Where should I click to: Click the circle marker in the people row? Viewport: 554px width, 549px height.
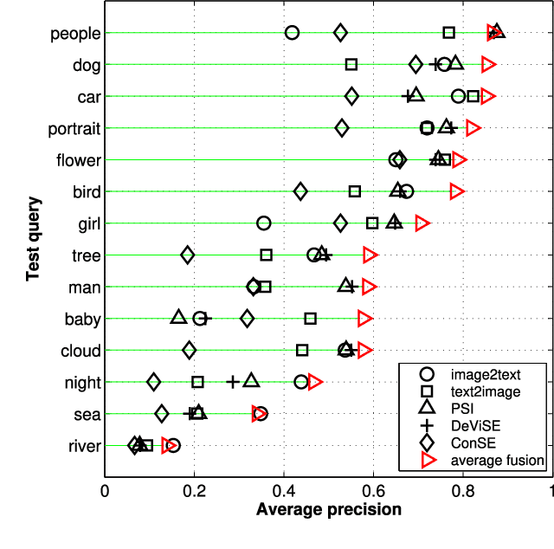click(x=292, y=33)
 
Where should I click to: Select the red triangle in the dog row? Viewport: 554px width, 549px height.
click(x=488, y=64)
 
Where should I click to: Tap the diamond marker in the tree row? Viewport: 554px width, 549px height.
click(x=187, y=255)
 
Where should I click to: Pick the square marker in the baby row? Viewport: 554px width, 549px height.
click(x=310, y=319)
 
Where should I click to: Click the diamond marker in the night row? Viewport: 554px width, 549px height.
click(x=154, y=382)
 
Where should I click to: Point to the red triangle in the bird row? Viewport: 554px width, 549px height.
click(x=457, y=191)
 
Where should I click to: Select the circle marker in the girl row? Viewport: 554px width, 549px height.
click(x=264, y=223)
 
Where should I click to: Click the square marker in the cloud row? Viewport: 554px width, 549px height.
click(x=302, y=350)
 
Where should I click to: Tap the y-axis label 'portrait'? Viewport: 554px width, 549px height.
click(x=75, y=128)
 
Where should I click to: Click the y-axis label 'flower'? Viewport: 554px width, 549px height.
click(x=79, y=159)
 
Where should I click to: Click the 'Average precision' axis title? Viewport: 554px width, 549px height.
click(x=329, y=510)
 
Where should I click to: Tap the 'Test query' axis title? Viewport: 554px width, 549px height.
click(x=34, y=238)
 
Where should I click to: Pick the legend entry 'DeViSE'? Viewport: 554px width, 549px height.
click(x=474, y=426)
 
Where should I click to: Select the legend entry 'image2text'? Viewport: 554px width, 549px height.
click(x=486, y=374)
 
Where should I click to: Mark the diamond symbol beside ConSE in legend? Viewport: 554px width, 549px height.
click(x=426, y=442)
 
